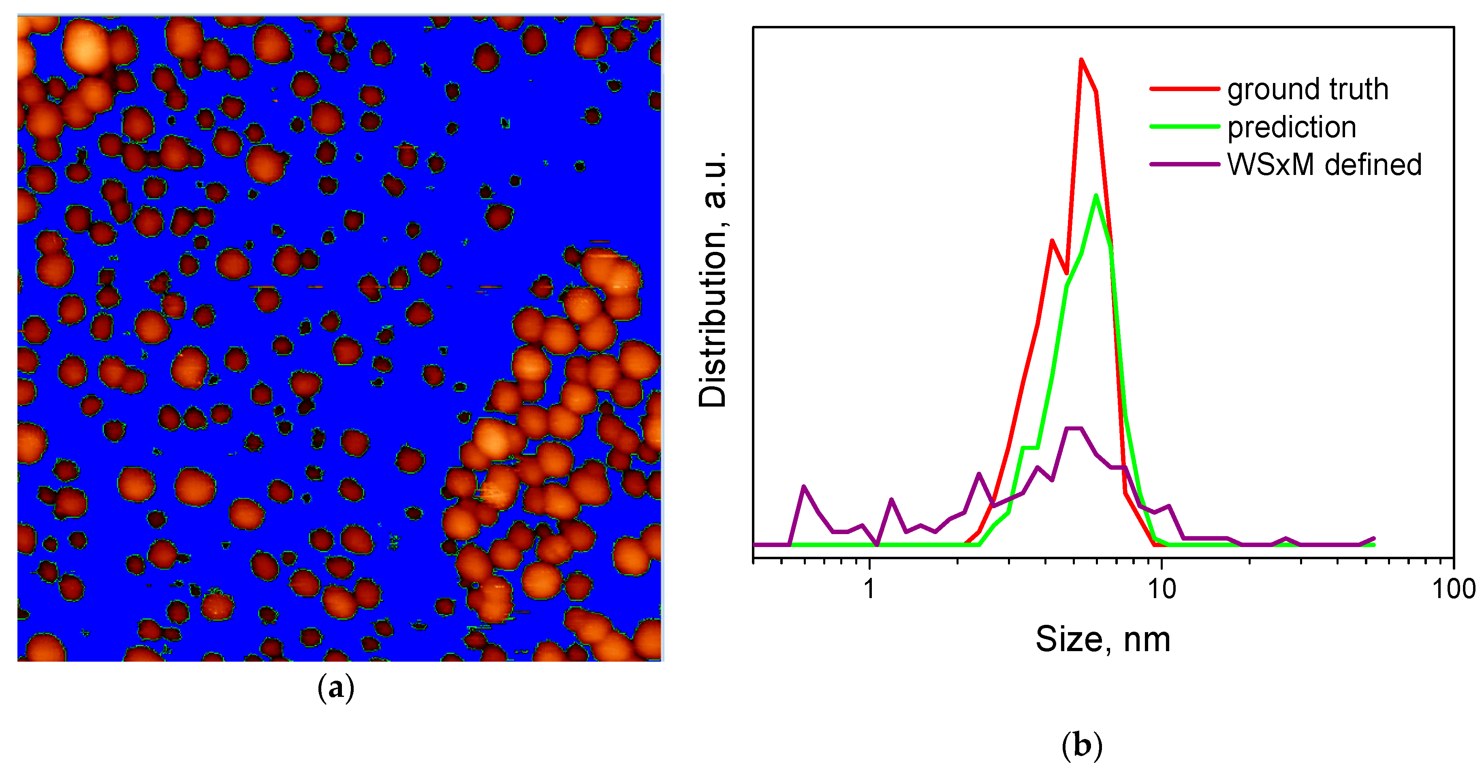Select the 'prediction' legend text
coord(1291,127)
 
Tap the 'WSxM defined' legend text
coord(1324,165)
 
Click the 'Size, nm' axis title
coord(1103,639)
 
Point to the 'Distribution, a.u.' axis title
coord(713,280)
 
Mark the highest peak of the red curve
coord(1081,60)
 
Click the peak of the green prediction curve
coord(1096,195)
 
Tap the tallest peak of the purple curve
coord(1074,428)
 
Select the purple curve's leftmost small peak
coord(804,487)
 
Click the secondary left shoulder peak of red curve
coord(1052,241)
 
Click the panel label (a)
coord(336,688)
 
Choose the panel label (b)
coord(1081,745)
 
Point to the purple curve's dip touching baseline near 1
coord(877,543)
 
